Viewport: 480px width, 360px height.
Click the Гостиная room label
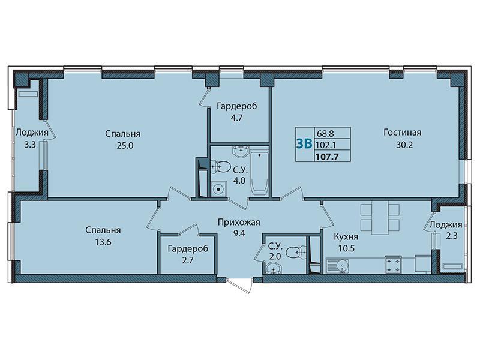point(402,133)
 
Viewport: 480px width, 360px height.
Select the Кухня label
point(346,236)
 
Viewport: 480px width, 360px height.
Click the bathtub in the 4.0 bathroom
point(260,173)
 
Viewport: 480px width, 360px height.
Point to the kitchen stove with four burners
point(393,264)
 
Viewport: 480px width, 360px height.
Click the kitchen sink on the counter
point(337,265)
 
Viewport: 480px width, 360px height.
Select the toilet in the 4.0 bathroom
point(220,167)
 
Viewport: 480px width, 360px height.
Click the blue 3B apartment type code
point(304,143)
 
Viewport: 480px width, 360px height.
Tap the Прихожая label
point(239,222)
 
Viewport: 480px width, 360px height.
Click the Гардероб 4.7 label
point(237,112)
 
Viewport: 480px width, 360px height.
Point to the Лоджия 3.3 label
point(32,139)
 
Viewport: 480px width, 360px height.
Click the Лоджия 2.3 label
point(446,230)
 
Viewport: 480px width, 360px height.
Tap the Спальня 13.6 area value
point(103,242)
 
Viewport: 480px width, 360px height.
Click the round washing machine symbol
point(218,189)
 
